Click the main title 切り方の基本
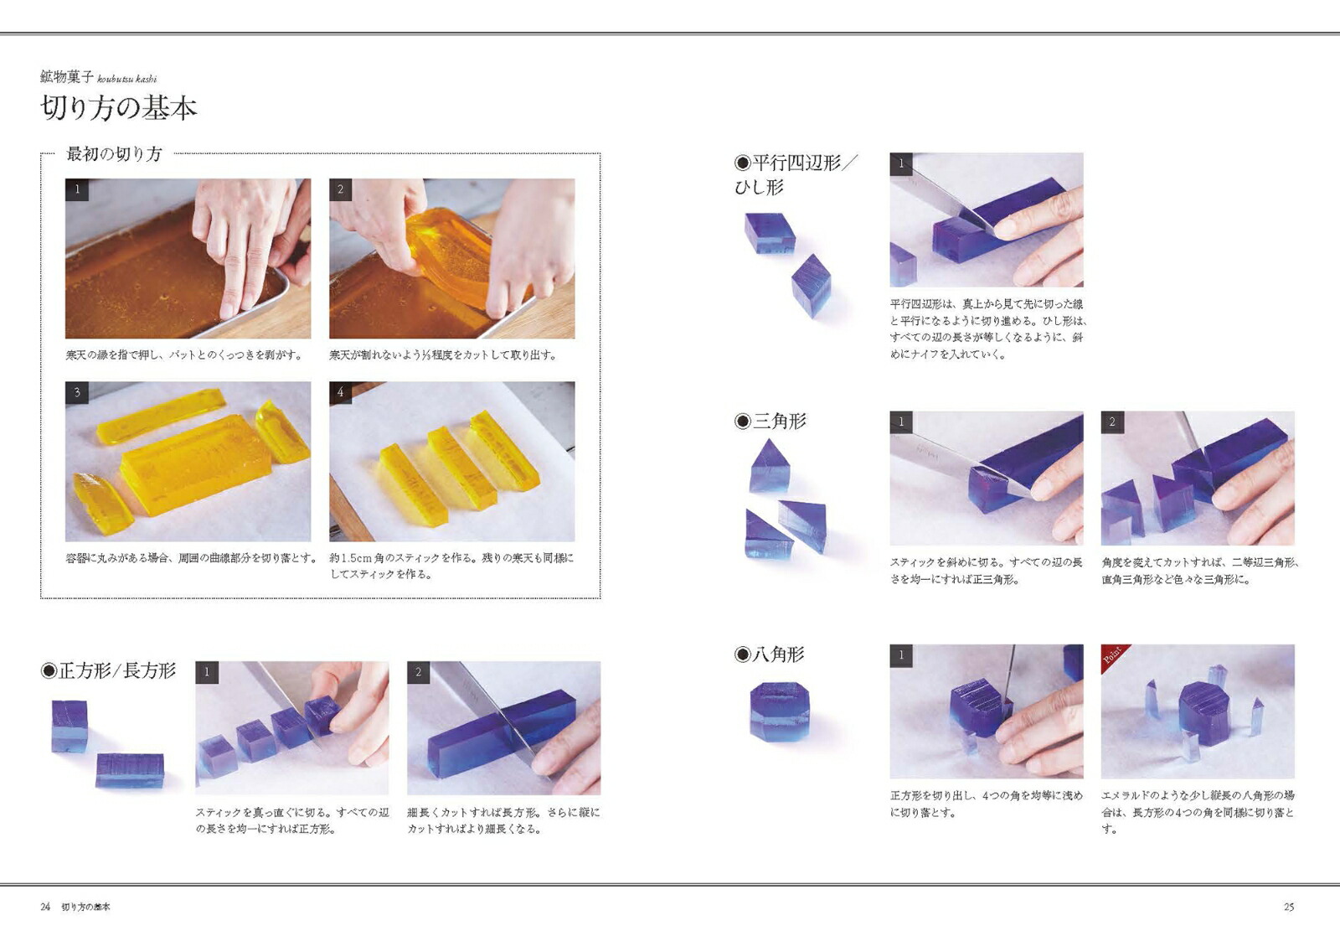pos(119,109)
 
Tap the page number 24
pos(45,907)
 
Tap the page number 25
pos(1288,907)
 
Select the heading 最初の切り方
pos(114,154)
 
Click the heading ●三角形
pos(770,421)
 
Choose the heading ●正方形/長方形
pos(108,670)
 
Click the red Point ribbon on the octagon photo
pos(1115,657)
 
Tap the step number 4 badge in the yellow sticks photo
pos(340,392)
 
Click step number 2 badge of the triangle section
pos(1112,422)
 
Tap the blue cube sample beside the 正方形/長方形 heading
pos(70,726)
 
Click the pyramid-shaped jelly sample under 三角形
pos(769,468)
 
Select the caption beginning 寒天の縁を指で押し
pos(184,355)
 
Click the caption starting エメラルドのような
pos(1197,811)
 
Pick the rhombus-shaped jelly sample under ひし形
pos(811,286)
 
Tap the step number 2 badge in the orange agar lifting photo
pos(340,189)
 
